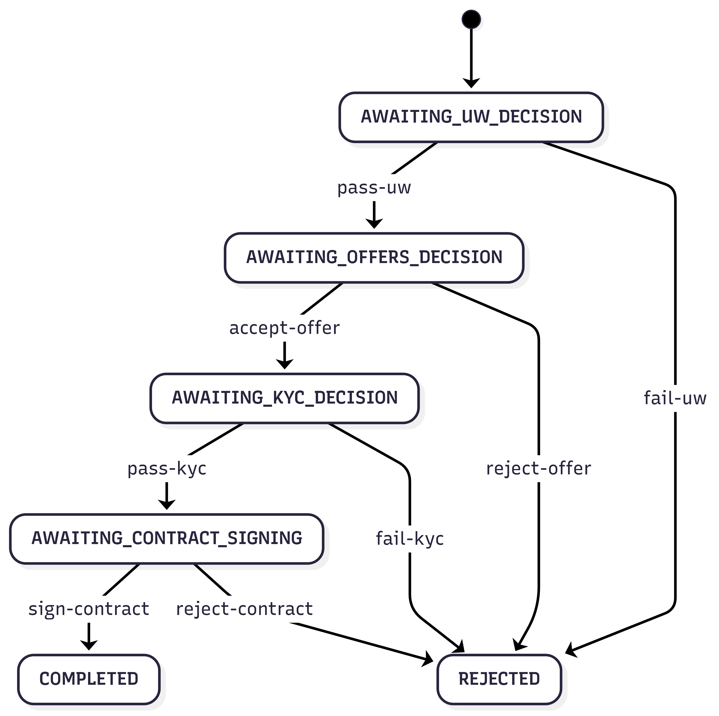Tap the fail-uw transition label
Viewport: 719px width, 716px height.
point(675,398)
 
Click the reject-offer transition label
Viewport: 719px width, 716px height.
point(539,468)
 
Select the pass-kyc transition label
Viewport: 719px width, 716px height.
point(167,468)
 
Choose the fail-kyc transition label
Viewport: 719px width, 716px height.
point(410,539)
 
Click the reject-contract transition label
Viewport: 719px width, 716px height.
point(244,609)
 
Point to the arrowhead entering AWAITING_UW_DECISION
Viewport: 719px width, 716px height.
point(471,83)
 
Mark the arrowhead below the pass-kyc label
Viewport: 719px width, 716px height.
point(167,504)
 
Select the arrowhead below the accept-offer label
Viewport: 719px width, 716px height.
point(285,363)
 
